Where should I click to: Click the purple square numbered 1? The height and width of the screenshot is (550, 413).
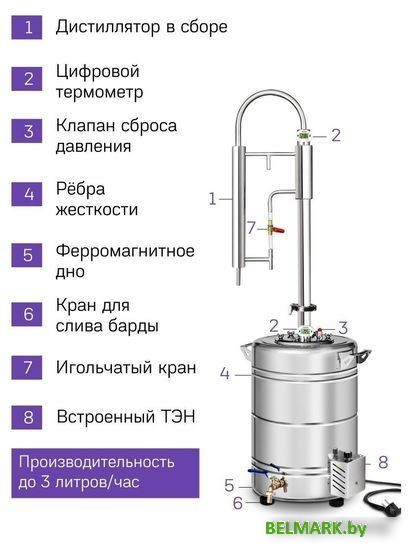27,27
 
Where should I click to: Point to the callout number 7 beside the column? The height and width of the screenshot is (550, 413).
252,227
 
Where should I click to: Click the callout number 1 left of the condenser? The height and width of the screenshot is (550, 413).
212,198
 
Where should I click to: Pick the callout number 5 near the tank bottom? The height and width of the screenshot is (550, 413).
229,485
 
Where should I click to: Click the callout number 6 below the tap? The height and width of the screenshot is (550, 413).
237,503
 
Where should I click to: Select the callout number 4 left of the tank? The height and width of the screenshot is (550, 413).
225,375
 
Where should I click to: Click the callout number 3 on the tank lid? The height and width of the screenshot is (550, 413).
342,327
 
